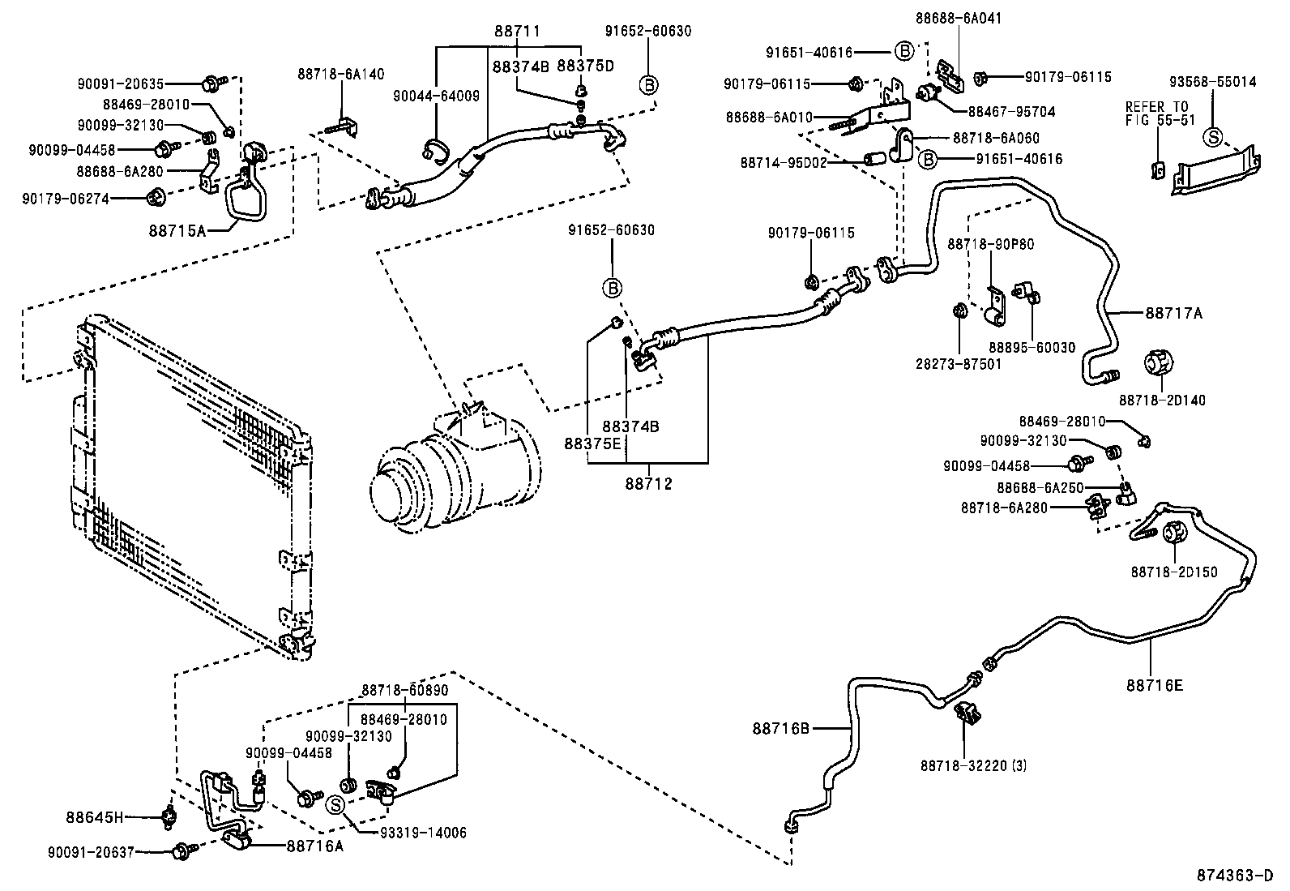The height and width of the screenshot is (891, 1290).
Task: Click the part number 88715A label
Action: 177,230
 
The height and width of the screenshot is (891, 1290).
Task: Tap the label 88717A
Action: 1173,312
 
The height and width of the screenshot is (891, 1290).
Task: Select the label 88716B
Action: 781,728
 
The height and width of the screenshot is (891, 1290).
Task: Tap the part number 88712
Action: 648,485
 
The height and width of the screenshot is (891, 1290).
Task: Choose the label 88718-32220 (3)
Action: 972,765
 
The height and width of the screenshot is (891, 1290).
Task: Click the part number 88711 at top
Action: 517,32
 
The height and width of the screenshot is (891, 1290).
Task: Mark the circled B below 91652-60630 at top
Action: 648,84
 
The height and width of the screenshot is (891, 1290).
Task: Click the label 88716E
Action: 1154,685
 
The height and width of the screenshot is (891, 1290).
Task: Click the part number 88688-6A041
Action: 959,17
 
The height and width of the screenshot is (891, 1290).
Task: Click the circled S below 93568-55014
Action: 1213,136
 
